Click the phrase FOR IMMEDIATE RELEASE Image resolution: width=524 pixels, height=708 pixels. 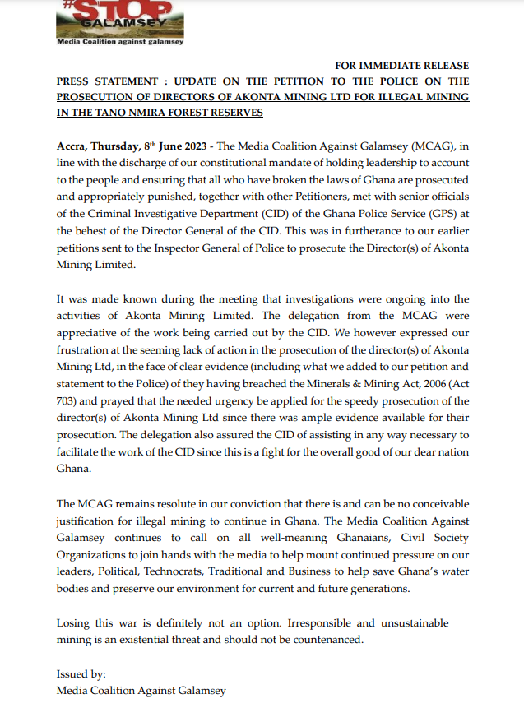(401, 66)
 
